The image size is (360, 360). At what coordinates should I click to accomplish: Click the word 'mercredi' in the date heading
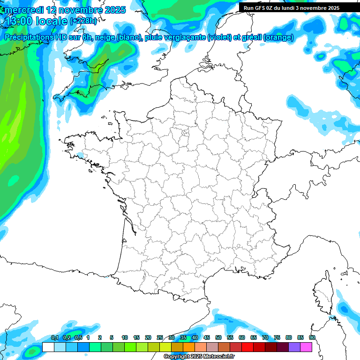(24, 10)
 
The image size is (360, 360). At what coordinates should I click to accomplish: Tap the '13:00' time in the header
(19, 21)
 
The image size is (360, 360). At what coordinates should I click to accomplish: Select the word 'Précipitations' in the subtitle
(28, 37)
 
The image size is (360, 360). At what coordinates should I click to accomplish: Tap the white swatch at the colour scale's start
(48, 347)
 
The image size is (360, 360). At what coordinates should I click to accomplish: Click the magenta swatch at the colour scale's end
(306, 347)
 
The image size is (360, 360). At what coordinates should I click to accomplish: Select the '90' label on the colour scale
(312, 337)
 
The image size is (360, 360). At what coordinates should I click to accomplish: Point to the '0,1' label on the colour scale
(54, 337)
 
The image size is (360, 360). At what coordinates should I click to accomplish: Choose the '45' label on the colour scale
(207, 337)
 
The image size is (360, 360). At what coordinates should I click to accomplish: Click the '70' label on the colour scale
(265, 337)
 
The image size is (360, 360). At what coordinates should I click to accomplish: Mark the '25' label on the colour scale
(160, 337)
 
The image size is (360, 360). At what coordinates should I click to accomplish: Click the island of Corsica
(323, 293)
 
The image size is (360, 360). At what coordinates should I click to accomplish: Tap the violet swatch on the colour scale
(294, 347)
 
